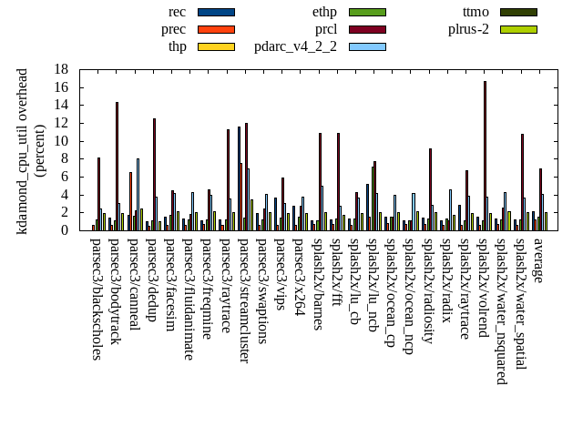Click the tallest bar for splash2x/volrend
485,156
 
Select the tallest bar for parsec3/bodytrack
117,167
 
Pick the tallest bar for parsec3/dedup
154,174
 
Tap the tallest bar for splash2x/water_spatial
522,182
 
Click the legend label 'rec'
178,12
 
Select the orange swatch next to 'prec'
216,29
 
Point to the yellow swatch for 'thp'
216,46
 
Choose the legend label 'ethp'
325,12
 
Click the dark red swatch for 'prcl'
367,29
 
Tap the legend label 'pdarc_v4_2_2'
295,46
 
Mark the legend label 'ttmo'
476,12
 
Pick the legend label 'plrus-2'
468,29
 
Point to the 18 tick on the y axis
74,69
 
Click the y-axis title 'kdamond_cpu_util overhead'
23,151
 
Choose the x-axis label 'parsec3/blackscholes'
97,299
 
